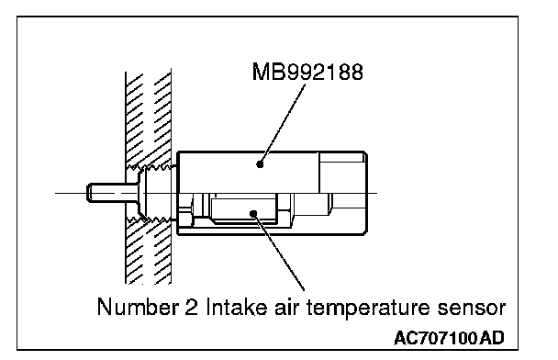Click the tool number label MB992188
(x=307, y=72)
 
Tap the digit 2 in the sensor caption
(x=192, y=307)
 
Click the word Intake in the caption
(x=237, y=307)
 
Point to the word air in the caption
(x=286, y=307)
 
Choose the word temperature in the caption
(x=368, y=309)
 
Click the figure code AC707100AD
(x=449, y=338)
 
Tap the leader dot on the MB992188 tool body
(x=260, y=164)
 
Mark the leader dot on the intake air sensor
(x=253, y=214)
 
